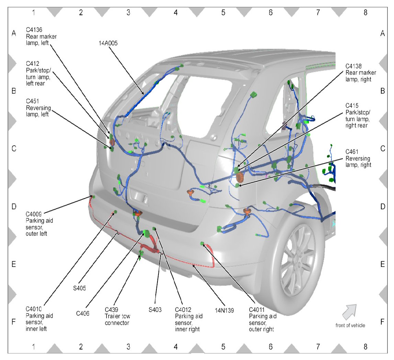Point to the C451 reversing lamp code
click(x=33, y=101)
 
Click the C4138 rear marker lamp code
click(x=356, y=66)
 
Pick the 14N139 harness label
click(x=225, y=311)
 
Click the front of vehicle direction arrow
click(x=349, y=311)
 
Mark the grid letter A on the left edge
click(x=14, y=33)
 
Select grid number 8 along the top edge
click(x=365, y=12)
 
